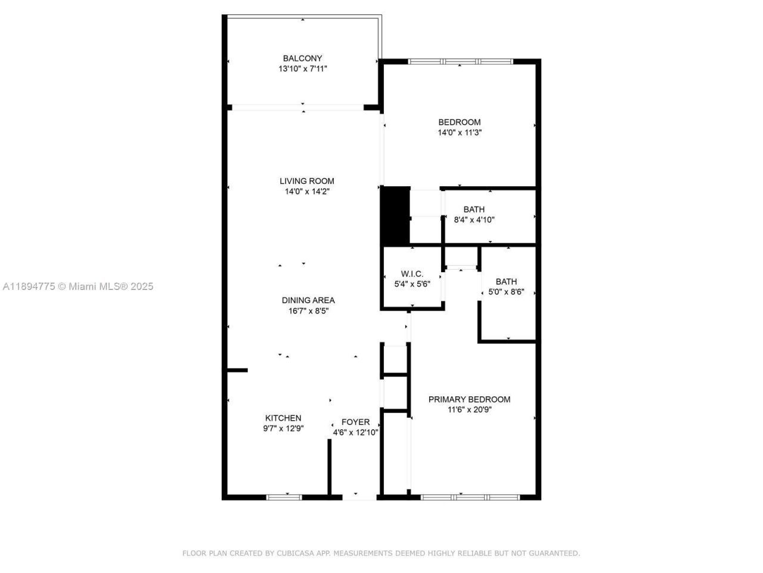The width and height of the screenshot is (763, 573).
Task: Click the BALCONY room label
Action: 302,58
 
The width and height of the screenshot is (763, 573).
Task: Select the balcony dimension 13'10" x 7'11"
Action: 302,69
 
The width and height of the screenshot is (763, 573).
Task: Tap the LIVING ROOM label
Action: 307,181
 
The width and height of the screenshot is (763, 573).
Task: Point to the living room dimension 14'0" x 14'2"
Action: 307,192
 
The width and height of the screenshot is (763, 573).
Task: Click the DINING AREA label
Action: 308,300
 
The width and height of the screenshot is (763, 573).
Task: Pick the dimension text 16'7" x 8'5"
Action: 308,311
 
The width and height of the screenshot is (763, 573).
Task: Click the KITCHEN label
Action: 283,418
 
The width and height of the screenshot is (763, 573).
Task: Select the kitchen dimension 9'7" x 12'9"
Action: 283,428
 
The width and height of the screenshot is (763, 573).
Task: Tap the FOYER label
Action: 355,422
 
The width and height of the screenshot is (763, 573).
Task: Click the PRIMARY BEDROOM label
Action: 469,399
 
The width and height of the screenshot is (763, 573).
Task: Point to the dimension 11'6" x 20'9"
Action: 469,409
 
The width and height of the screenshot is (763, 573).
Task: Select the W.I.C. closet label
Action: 412,274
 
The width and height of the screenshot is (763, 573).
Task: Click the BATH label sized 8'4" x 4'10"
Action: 474,210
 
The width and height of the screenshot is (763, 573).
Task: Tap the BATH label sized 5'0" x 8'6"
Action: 506,282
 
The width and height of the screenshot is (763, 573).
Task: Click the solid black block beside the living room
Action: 395,215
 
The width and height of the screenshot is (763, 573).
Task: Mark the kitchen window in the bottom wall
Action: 284,497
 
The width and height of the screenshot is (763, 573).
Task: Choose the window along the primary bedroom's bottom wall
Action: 470,497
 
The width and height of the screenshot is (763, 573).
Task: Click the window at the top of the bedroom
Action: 460,61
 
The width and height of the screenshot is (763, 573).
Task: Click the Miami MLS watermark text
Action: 77,286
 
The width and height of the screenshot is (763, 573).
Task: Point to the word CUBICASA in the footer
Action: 296,553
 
